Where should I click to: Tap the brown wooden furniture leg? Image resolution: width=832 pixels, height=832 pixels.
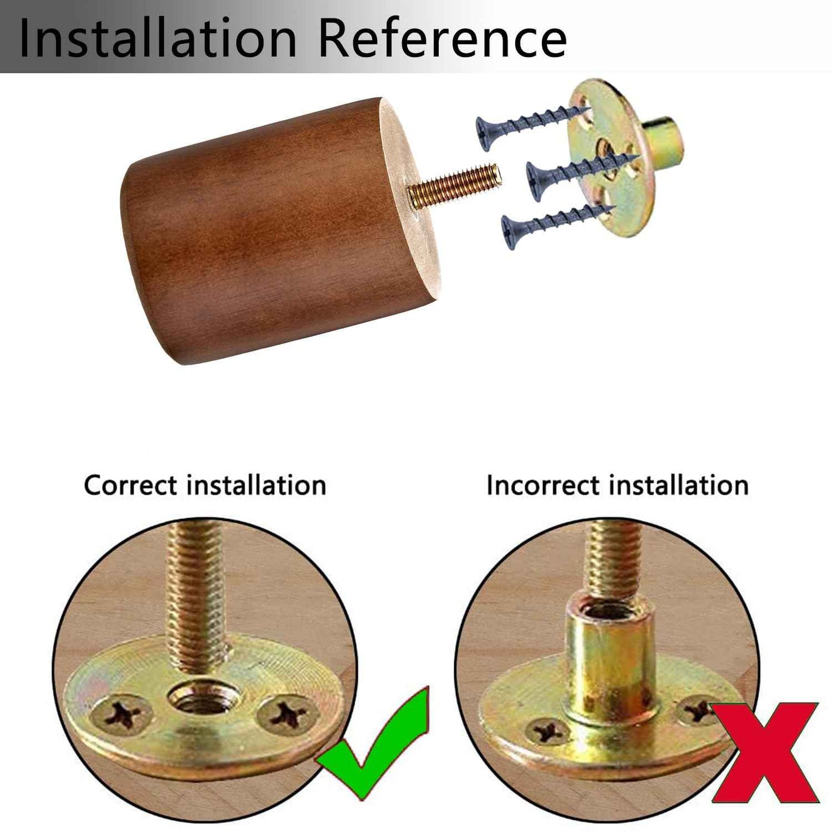point(280,230)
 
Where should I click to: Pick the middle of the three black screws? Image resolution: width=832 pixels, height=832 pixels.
point(583,176)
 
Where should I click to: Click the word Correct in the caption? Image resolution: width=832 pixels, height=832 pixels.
point(131,485)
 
